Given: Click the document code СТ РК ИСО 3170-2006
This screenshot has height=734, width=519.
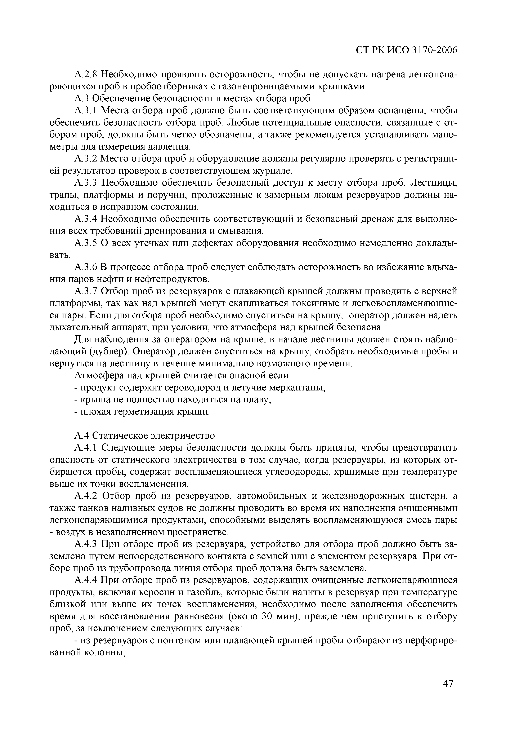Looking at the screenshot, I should click(407, 50).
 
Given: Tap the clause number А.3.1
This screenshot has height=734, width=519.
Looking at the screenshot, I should click(85, 111).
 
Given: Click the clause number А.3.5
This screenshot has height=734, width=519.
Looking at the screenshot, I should click(85, 243).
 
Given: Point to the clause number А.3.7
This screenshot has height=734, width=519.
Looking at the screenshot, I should click(85, 291).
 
